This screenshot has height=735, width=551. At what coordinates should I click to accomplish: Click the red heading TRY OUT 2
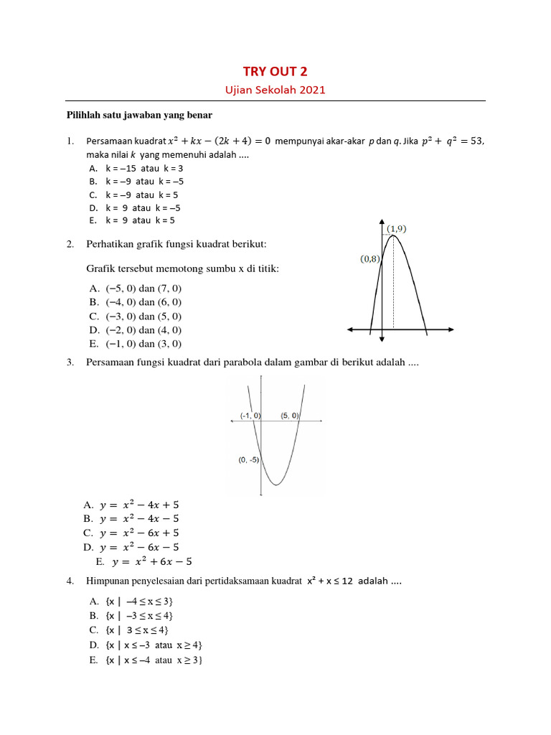tap(275, 70)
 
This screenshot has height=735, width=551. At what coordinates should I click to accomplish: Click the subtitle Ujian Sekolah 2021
tap(275, 90)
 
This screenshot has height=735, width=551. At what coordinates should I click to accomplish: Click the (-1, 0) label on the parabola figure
tap(250, 416)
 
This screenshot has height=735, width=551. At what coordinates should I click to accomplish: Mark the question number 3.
tap(71, 362)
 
